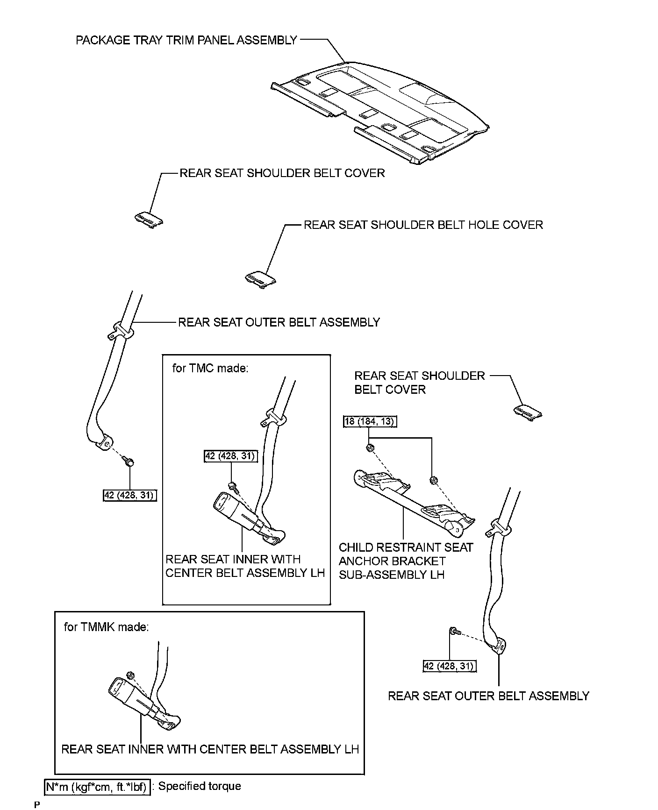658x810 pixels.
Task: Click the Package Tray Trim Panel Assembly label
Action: [186, 40]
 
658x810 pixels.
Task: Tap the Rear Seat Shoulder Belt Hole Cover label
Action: [423, 225]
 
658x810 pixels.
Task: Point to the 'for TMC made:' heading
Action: [210, 368]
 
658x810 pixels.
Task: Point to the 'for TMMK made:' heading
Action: [106, 626]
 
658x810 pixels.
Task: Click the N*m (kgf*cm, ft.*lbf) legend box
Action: [97, 788]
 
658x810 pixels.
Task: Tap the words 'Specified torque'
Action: [200, 786]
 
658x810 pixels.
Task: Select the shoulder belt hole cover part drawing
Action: [261, 278]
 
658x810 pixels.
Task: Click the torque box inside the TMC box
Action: [231, 455]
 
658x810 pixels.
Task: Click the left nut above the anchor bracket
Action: [370, 448]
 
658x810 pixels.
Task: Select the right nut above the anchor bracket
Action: [433, 479]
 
